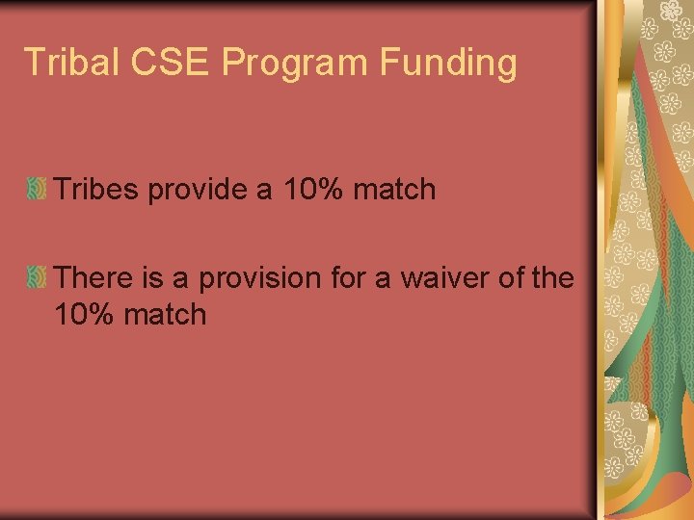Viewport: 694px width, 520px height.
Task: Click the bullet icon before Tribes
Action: pyautogui.click(x=38, y=189)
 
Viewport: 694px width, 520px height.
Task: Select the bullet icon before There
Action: pyautogui.click(x=38, y=278)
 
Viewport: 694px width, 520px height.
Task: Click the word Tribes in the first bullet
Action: pyautogui.click(x=96, y=189)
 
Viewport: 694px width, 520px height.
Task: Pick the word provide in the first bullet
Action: pyautogui.click(x=199, y=190)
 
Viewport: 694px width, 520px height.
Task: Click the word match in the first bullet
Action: pyautogui.click(x=394, y=189)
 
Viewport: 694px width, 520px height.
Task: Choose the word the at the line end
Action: pyautogui.click(x=552, y=278)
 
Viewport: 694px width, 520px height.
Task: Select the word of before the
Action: pyautogui.click(x=512, y=278)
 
